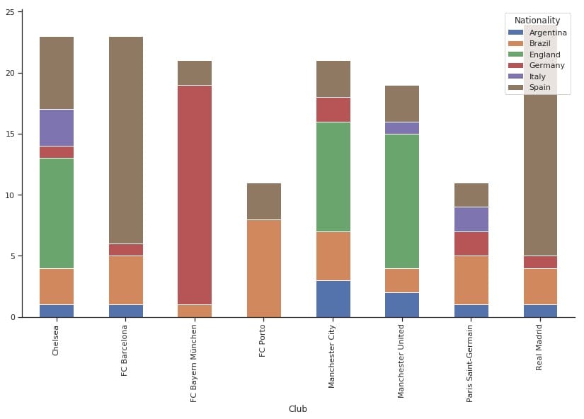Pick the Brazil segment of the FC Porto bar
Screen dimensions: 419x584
click(264, 268)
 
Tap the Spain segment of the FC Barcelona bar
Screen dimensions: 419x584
click(125, 140)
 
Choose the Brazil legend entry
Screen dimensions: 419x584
click(539, 43)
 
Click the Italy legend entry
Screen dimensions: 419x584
click(538, 76)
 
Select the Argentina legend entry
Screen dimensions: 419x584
click(547, 33)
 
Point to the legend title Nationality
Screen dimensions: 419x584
click(537, 21)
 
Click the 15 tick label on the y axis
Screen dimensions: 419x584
click(11, 134)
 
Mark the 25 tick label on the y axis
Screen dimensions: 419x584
click(11, 12)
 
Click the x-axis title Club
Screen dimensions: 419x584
click(298, 408)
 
